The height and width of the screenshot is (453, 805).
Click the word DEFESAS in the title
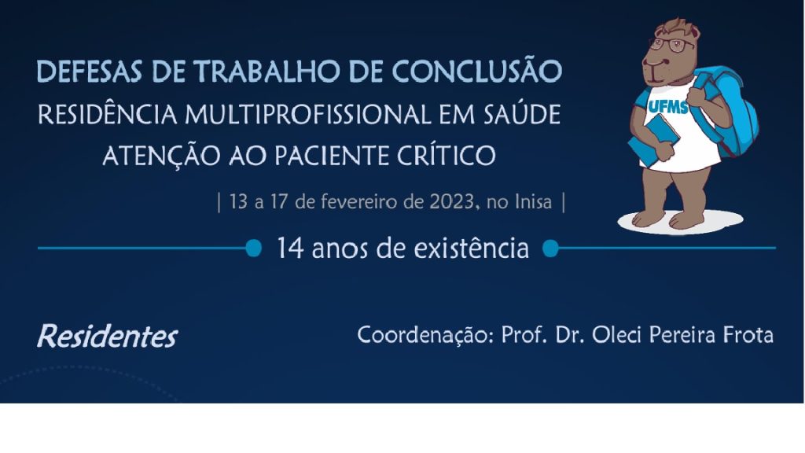click(x=90, y=72)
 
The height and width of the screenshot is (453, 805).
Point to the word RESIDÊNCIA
click(x=108, y=113)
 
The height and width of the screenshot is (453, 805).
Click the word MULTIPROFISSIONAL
click(x=308, y=115)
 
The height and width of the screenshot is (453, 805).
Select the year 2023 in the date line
click(x=452, y=202)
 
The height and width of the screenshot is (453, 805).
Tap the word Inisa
click(x=534, y=202)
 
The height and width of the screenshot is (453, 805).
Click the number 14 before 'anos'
click(x=291, y=249)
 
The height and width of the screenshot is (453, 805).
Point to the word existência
click(x=472, y=248)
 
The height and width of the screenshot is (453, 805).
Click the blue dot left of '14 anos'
click(x=254, y=249)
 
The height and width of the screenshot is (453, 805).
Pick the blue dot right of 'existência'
click(x=550, y=249)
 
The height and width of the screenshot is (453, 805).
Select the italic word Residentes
click(x=107, y=337)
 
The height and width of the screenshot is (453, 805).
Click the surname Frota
click(x=748, y=335)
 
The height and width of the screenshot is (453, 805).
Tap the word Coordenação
click(x=425, y=335)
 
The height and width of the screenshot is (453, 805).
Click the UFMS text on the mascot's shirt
click(x=668, y=106)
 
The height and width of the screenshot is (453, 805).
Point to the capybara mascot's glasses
click(x=671, y=44)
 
